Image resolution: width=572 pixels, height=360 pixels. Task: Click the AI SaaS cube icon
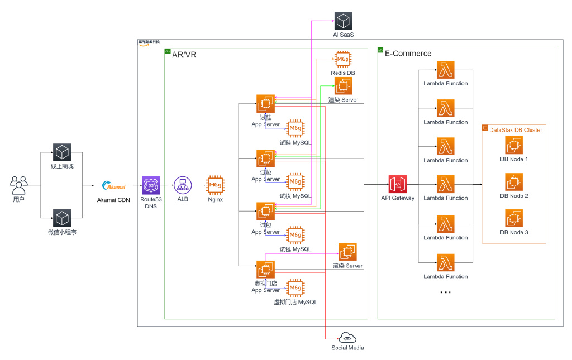pyautogui.click(x=342, y=21)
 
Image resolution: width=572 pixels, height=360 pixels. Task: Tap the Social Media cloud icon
pyautogui.click(x=347, y=337)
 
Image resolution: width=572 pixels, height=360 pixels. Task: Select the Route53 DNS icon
pyautogui.click(x=151, y=185)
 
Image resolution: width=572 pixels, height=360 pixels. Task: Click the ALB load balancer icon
pyautogui.click(x=183, y=185)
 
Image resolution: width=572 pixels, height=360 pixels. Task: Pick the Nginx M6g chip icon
pyautogui.click(x=215, y=185)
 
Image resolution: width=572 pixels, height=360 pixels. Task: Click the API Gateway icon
pyautogui.click(x=398, y=184)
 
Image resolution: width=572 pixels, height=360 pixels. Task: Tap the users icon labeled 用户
pyautogui.click(x=18, y=185)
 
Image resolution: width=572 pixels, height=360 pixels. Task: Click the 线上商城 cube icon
pyautogui.click(x=61, y=152)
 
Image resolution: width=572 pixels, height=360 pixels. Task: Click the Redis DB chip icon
pyautogui.click(x=342, y=60)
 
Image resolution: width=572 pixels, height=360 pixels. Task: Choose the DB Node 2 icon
pyautogui.click(x=514, y=182)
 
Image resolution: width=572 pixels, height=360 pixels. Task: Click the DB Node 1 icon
pyautogui.click(x=514, y=145)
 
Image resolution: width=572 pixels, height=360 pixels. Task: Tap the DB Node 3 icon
pyautogui.click(x=514, y=218)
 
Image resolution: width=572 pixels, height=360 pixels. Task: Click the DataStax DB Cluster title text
pyautogui.click(x=516, y=129)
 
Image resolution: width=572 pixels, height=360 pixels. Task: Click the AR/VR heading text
pyautogui.click(x=184, y=55)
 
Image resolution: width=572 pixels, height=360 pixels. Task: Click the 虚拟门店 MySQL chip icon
pyautogui.click(x=295, y=288)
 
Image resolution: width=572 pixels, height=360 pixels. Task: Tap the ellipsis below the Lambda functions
pyautogui.click(x=445, y=292)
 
